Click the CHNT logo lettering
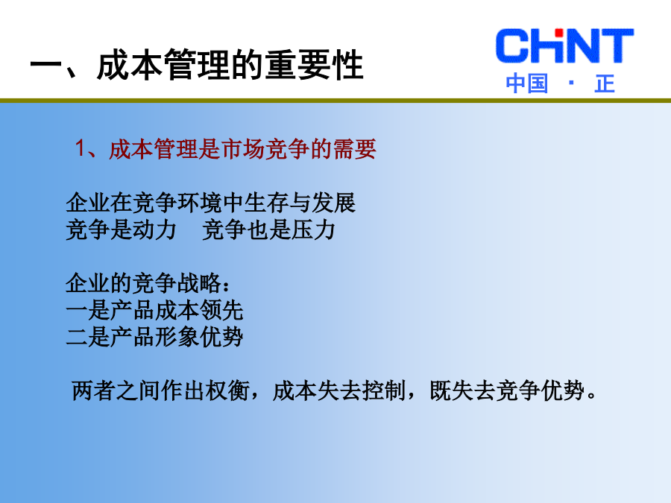pos(564,45)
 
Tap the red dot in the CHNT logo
pos(558,33)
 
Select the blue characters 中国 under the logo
pos(527,83)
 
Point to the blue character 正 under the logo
pos(605,83)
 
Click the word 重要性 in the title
pos(314,65)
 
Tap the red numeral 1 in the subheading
pos(80,148)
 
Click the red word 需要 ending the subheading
pos(354,149)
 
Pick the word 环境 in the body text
pos(199,203)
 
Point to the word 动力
pos(154,230)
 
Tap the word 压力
pos(313,230)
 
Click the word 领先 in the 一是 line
pos(221,310)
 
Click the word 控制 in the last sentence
pos(384,390)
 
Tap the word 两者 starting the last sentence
pos(93,390)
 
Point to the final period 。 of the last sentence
pos(592,396)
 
